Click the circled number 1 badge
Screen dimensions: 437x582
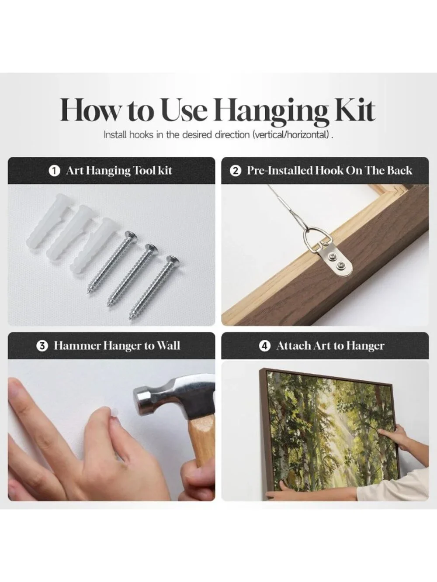[54, 171]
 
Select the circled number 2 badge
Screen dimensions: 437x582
[236, 171]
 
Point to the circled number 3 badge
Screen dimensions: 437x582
[42, 346]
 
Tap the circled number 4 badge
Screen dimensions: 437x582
[264, 346]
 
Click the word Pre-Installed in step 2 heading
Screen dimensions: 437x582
[279, 171]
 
